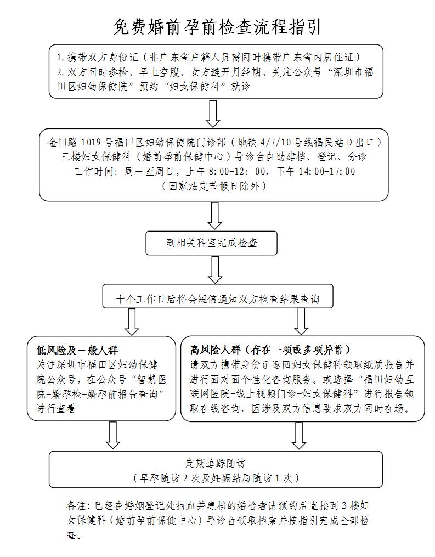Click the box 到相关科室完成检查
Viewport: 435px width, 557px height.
pos(211,243)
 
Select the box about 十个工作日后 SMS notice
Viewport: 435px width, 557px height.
pos(217,300)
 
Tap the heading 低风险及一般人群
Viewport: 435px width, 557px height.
pos(77,350)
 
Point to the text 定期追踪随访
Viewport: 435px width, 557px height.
pos(216,463)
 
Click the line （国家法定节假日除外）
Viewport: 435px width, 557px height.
pos(215,186)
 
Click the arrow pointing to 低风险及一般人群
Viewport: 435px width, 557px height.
pos(131,322)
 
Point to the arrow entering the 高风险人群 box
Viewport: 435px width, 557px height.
pos(301,322)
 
